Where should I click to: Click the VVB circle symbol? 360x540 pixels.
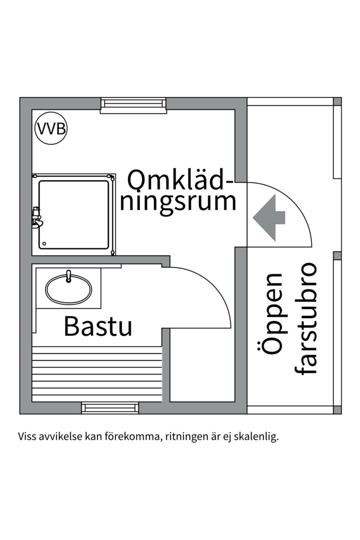50,129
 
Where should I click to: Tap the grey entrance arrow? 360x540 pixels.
269,217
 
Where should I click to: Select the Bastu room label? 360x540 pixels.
98,326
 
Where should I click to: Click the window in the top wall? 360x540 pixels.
133,104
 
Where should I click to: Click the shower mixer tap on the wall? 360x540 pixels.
36,218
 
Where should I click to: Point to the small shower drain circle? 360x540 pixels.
44,244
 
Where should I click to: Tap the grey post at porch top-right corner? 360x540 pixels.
337,101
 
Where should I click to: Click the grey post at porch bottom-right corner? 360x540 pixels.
337,409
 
